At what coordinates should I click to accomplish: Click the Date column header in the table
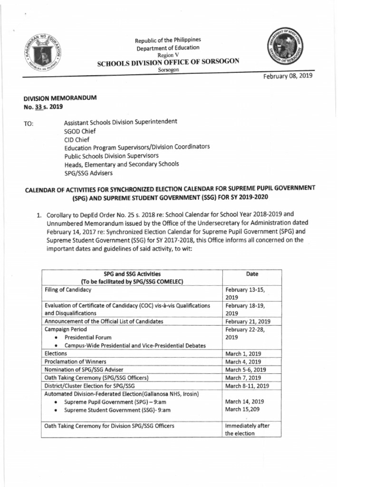[x=252, y=274]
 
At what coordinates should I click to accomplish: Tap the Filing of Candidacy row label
[x=68, y=290]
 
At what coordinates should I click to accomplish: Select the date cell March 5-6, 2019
[x=245, y=370]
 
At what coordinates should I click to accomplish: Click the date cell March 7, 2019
[x=242, y=378]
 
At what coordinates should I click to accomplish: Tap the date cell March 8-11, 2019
[x=247, y=386]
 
